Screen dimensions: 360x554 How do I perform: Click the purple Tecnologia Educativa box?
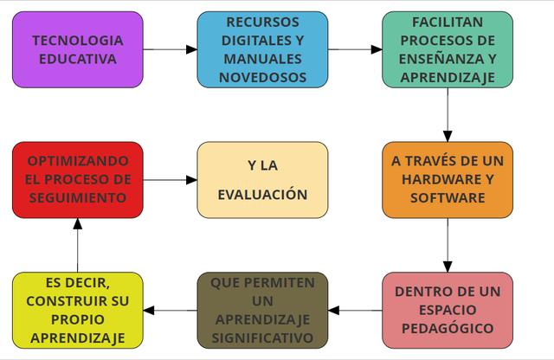pyautogui.click(x=78, y=49)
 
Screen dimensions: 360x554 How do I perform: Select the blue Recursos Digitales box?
pyautogui.click(x=262, y=49)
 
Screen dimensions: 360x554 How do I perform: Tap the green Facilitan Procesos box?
pyautogui.click(x=448, y=49)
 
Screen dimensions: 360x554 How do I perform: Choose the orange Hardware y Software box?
pyautogui.click(x=448, y=179)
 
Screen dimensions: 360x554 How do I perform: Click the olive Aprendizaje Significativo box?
pyautogui.click(x=262, y=310)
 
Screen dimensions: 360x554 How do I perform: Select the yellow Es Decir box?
pyautogui.click(x=78, y=310)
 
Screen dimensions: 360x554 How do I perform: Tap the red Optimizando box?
pyautogui.click(x=78, y=179)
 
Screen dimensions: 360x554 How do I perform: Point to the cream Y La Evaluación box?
pyautogui.click(x=262, y=179)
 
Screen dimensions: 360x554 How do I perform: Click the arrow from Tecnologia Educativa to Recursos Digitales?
pyautogui.click(x=170, y=49)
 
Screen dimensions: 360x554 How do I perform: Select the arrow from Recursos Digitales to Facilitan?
pyautogui.click(x=355, y=49)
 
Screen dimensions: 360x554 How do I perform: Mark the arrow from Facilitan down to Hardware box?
pyautogui.click(x=448, y=114)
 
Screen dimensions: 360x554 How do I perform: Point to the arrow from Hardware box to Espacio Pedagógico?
pyautogui.click(x=448, y=245)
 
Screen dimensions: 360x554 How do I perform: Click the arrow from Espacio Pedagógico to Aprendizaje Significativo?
pyautogui.click(x=355, y=310)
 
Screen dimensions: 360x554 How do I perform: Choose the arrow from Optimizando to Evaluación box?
pyautogui.click(x=170, y=180)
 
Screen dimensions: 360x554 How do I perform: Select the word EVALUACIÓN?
pyautogui.click(x=262, y=195)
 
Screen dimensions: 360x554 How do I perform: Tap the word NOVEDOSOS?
pyautogui.click(x=262, y=77)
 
